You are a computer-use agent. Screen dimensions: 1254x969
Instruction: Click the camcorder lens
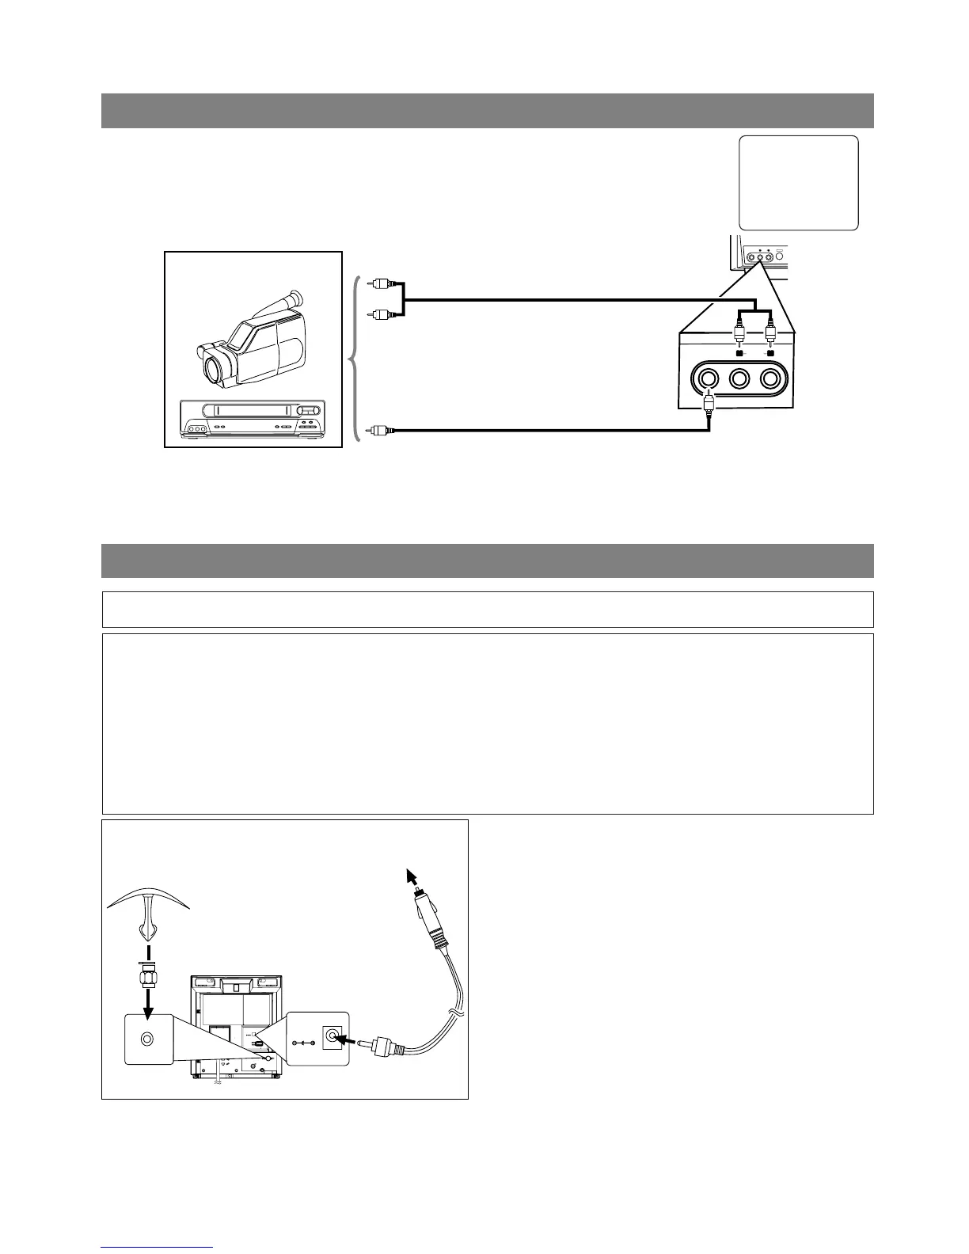(216, 366)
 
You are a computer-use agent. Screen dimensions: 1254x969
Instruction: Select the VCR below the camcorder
(253, 418)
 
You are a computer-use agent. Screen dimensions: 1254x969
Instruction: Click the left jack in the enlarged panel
(706, 378)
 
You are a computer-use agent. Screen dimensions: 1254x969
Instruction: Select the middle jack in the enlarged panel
(739, 378)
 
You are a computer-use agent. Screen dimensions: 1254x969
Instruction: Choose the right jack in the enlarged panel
(772, 378)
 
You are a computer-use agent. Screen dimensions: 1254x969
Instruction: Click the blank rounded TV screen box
(798, 183)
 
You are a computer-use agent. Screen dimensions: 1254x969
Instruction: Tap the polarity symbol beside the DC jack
(303, 1043)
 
